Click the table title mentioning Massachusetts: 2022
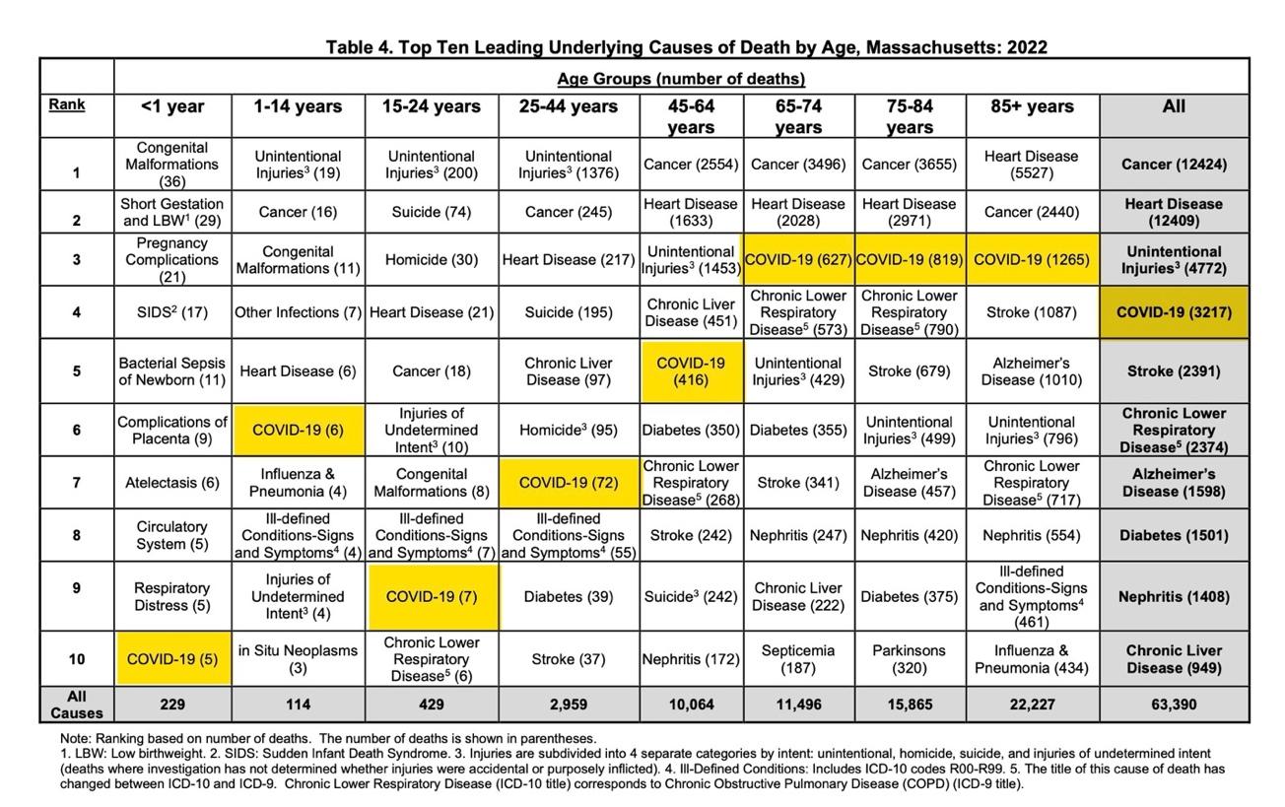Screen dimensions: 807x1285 point(686,46)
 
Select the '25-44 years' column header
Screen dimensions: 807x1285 point(569,106)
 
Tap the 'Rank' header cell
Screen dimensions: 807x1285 point(66,104)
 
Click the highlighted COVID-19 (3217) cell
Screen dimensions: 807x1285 point(1174,312)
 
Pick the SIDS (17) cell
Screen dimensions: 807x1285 point(172,312)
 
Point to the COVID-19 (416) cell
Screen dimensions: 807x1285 point(691,371)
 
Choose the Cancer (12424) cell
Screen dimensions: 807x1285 point(1174,165)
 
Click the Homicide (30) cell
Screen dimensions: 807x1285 point(431,260)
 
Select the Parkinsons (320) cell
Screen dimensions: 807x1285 point(909,659)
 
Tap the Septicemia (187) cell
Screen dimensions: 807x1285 point(797,659)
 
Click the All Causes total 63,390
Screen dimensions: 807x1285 point(1174,705)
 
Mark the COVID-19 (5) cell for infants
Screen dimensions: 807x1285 point(172,659)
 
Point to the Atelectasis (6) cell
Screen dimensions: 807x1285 point(172,483)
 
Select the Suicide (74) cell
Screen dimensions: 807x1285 point(431,212)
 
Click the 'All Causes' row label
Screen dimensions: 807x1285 point(76,705)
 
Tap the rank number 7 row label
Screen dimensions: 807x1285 point(76,483)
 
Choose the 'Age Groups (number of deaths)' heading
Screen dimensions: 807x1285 point(681,79)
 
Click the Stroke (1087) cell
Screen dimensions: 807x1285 point(1032,312)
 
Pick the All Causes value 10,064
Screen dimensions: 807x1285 point(691,705)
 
